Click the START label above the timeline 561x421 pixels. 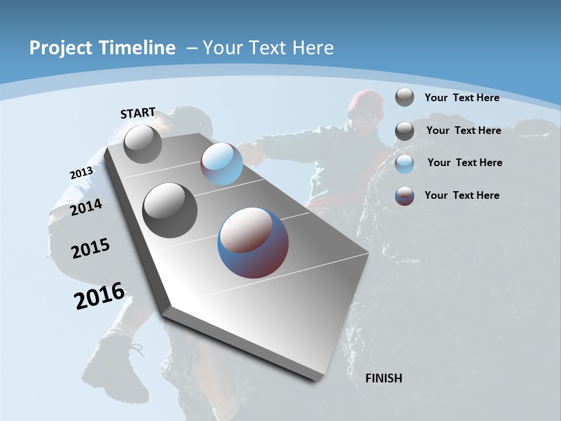coord(138,113)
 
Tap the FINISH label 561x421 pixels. coord(383,378)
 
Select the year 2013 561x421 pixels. coord(81,173)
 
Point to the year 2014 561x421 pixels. coord(86,208)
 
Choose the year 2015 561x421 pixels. coord(91,249)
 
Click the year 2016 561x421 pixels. coord(99,296)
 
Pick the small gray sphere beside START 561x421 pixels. coord(143,144)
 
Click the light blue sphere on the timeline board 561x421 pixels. coord(221,164)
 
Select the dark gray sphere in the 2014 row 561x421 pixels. coord(170,210)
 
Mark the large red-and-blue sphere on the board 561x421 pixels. coord(252,243)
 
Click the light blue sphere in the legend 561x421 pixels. coord(404,164)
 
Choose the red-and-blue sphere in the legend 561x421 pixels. coord(404,196)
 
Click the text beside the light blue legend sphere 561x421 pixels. coord(465,163)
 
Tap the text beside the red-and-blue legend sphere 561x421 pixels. coord(462,195)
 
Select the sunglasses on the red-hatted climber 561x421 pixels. coord(362,116)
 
